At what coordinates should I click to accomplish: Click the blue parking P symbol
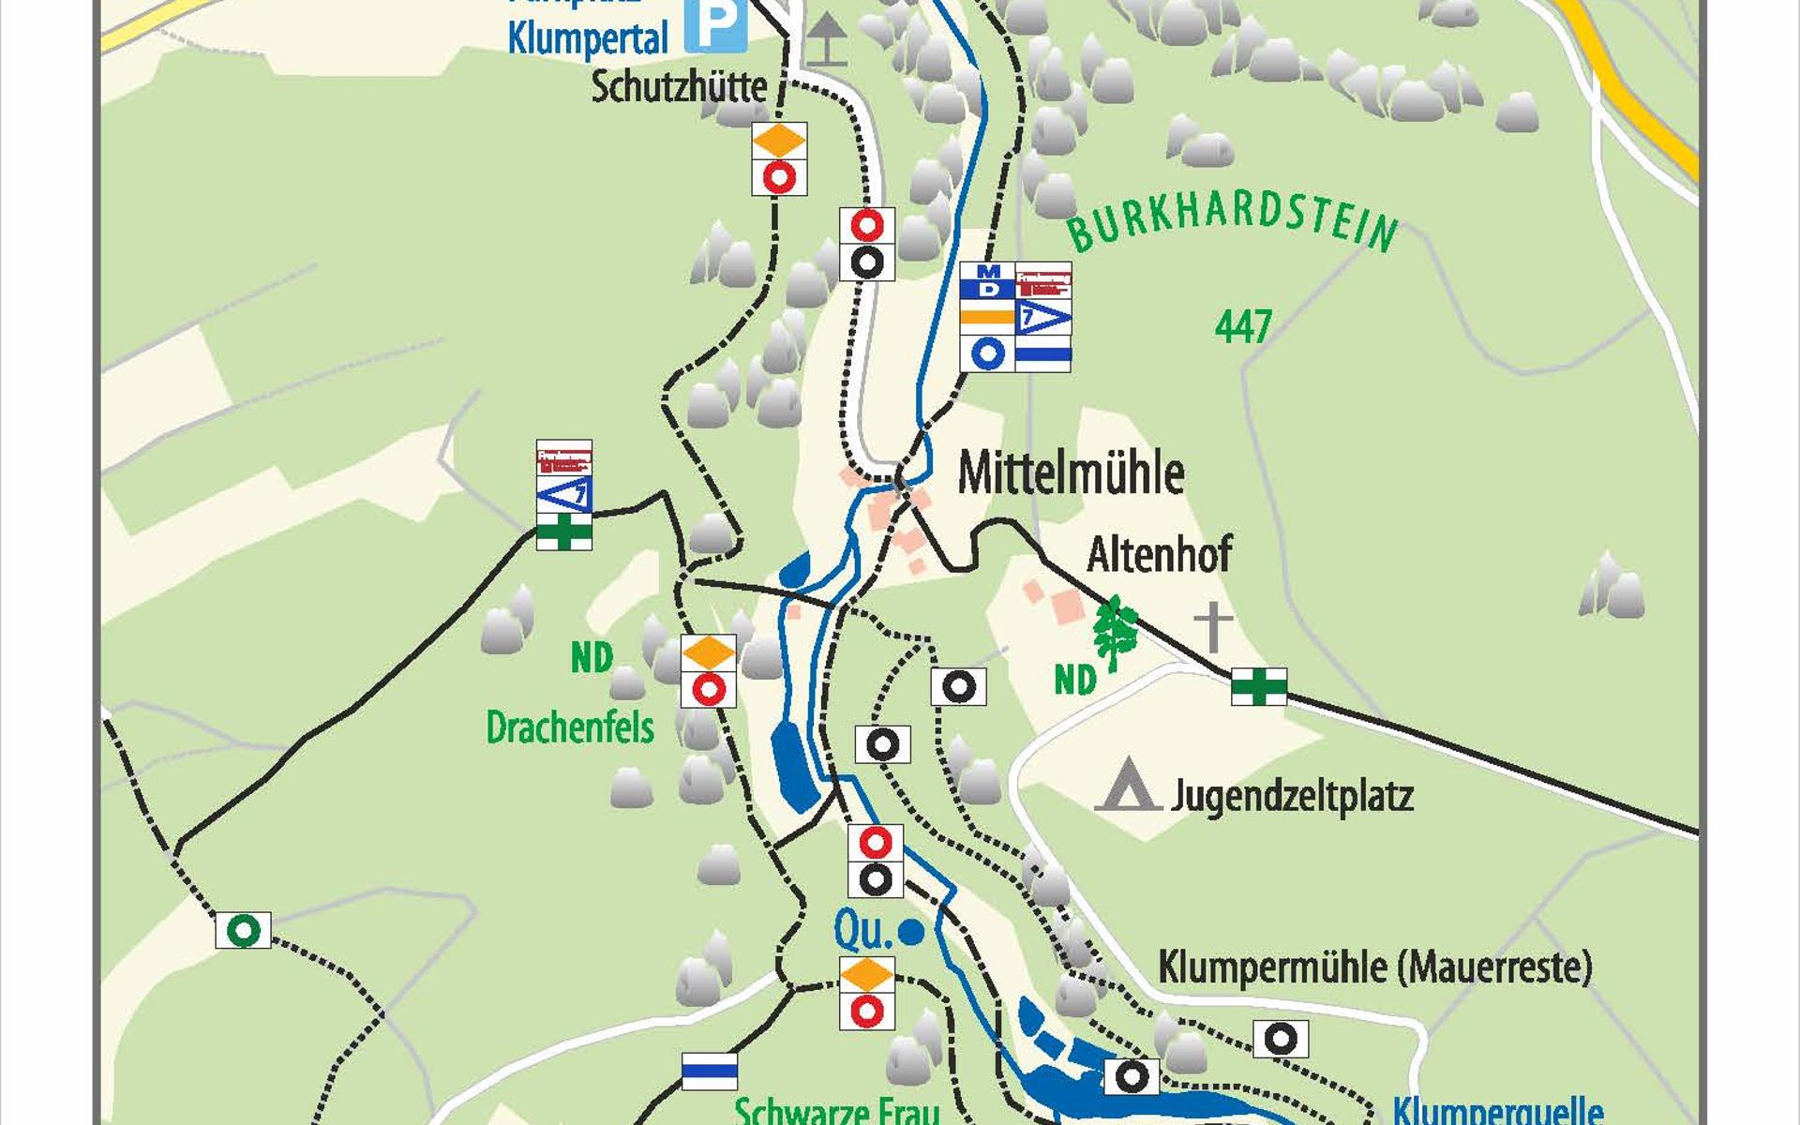coord(714,26)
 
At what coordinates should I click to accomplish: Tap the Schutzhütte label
coord(679,87)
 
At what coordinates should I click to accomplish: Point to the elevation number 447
coord(1243,326)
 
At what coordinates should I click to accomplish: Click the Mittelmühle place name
coord(1071,473)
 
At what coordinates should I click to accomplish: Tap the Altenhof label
coord(1159,554)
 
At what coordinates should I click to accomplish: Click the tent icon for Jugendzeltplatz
coord(1128,786)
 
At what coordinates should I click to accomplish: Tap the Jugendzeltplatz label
coord(1292,797)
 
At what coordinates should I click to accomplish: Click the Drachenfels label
coord(569,727)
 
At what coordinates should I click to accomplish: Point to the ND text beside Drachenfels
coord(592,658)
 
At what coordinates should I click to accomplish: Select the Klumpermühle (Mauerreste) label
coord(1374,967)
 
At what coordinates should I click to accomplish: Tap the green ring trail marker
coord(243,930)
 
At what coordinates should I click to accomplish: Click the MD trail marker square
coord(987,280)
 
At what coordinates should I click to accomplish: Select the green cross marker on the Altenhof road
coord(1258,686)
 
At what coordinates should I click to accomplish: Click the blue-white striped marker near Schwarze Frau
coord(709,1071)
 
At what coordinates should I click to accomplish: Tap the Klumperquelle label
coord(1497,1112)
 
